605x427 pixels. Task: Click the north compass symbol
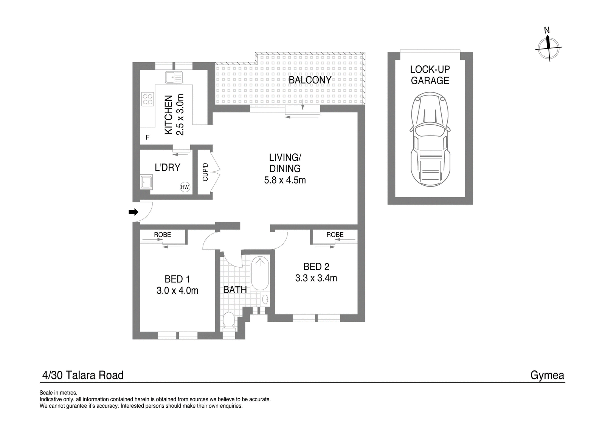549,48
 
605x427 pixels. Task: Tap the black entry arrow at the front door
133,212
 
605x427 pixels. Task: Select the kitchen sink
174,77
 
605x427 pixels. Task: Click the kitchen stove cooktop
147,99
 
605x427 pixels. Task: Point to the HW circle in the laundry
185,187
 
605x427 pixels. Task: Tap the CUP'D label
205,172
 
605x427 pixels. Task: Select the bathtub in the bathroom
260,273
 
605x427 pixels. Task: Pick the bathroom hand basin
265,299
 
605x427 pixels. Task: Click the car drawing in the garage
430,139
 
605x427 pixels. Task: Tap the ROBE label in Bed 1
163,235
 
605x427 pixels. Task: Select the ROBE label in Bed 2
335,235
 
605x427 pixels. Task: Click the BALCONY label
310,80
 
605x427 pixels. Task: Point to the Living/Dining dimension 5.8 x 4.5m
285,180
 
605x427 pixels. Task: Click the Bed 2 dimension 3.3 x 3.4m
316,278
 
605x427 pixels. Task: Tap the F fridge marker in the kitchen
147,137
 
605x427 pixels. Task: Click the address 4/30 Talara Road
83,375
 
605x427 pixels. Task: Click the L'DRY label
168,168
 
